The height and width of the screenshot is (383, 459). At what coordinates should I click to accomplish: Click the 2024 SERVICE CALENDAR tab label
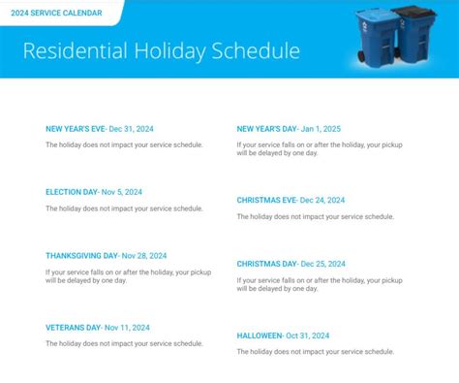[56, 13]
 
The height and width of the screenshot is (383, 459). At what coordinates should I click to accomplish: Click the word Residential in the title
[76, 50]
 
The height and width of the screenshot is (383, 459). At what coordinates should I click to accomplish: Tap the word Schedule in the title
[256, 50]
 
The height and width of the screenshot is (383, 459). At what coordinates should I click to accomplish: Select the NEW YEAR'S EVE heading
[76, 129]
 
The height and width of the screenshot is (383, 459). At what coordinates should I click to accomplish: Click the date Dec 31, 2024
[131, 129]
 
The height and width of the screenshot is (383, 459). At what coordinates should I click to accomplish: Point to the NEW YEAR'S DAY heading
[266, 129]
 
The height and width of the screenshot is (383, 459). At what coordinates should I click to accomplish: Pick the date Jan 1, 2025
[321, 129]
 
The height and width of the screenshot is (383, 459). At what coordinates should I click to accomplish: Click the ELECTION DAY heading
[72, 192]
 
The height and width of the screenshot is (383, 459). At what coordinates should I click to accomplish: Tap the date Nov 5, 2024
[122, 192]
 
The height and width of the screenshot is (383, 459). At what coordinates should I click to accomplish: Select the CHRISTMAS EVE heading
[266, 200]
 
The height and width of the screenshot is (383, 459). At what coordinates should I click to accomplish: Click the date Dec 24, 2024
[322, 200]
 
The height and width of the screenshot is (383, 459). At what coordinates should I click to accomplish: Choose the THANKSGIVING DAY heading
[81, 256]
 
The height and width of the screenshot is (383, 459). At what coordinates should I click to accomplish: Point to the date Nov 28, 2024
[144, 256]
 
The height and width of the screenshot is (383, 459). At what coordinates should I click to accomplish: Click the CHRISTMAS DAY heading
[266, 264]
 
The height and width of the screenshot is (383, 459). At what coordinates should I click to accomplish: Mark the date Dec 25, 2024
[322, 264]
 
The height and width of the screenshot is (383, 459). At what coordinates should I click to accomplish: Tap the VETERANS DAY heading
[74, 328]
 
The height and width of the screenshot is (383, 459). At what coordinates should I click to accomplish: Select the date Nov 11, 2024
[127, 328]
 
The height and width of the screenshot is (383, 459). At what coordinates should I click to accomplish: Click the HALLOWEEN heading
[260, 335]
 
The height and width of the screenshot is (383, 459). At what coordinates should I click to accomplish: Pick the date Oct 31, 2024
[308, 335]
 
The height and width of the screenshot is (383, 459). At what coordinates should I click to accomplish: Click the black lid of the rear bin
[415, 13]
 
